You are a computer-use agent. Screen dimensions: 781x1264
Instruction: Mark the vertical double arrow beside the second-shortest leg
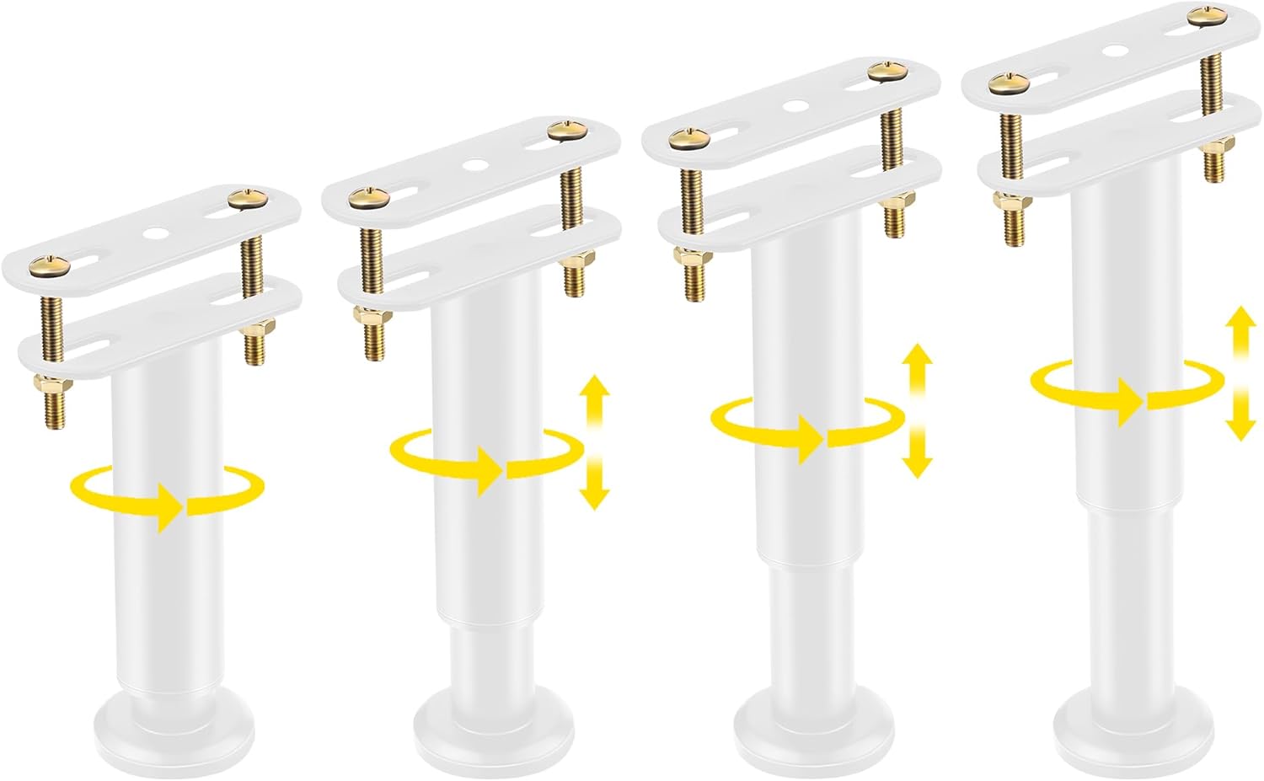point(595,442)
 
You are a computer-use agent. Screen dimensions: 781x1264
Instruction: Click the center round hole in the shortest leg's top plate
point(153,233)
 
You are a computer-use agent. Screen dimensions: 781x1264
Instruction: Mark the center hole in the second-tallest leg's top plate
point(793,106)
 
